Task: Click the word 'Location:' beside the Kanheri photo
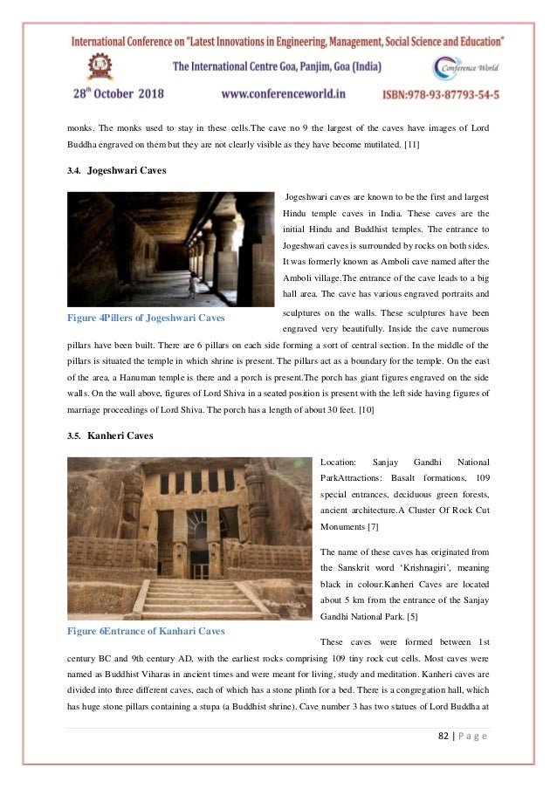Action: coord(338,461)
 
